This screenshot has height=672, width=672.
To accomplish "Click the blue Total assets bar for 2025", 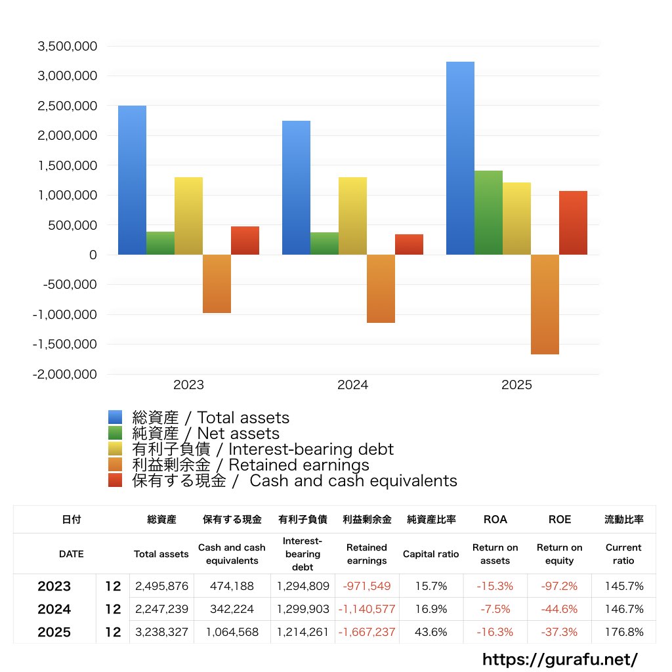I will (460, 158).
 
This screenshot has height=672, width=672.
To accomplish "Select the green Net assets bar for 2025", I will (488, 213).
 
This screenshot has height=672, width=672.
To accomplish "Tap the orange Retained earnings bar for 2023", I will (217, 283).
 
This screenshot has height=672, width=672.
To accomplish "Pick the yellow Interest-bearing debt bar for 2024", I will (352, 216).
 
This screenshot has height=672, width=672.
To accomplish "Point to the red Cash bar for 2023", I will (245, 240).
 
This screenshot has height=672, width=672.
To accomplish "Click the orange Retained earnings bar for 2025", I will (545, 304).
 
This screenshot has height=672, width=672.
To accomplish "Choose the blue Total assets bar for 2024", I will (296, 188).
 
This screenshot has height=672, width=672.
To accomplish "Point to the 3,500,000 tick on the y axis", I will (68, 47).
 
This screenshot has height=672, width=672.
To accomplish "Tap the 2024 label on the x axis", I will (352, 385).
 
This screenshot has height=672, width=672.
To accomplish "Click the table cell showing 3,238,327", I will (161, 632).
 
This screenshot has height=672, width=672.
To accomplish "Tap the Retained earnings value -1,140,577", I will (367, 609).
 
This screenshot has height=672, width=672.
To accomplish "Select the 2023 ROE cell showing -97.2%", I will (559, 586).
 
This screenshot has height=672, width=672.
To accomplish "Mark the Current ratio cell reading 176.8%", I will (623, 632).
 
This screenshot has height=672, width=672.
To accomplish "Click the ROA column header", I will (495, 519).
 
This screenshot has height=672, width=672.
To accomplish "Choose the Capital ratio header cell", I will (430, 554).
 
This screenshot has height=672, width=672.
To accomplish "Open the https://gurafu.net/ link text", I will (560, 658).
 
